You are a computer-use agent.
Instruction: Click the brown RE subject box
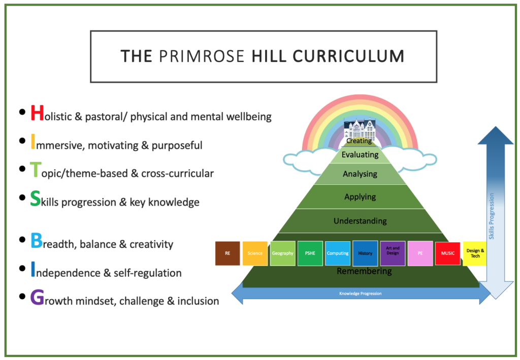click(x=227, y=253)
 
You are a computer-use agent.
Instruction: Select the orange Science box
click(x=255, y=253)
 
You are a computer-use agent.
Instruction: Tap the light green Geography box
click(x=282, y=253)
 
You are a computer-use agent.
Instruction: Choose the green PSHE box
click(x=310, y=253)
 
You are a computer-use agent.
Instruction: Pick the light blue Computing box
click(x=338, y=253)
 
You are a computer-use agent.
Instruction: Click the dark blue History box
click(x=365, y=253)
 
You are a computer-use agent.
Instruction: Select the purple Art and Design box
click(x=393, y=253)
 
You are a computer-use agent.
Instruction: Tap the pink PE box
click(x=420, y=253)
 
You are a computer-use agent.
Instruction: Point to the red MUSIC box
click(x=447, y=253)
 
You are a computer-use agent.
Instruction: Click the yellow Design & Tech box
click(x=475, y=253)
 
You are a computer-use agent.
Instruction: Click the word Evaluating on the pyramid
click(x=360, y=155)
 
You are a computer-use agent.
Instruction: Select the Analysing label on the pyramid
click(x=360, y=174)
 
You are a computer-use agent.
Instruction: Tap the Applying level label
click(x=360, y=197)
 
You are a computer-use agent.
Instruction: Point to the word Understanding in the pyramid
click(x=360, y=221)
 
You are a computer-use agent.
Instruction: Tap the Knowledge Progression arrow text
click(x=360, y=293)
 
